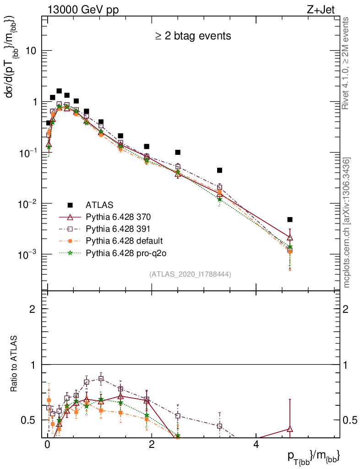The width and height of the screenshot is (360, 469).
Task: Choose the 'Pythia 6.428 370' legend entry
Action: (x=118, y=216)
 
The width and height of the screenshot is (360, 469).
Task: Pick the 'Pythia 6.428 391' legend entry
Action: (x=118, y=229)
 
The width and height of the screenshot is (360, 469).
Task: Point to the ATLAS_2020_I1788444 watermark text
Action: (x=190, y=274)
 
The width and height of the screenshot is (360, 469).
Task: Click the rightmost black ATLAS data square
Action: (x=290, y=219)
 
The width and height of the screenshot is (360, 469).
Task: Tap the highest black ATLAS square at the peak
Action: (x=59, y=91)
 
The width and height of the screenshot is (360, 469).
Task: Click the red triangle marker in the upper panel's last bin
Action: (x=290, y=238)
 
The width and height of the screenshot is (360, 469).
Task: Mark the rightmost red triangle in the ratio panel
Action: (x=290, y=429)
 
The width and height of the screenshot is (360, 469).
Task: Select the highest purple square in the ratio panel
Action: (x=101, y=379)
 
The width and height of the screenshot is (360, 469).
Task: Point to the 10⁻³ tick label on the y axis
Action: (x=28, y=254)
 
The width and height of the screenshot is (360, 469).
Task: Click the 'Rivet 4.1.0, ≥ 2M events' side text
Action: (x=346, y=63)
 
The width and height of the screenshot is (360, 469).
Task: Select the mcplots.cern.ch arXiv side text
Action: (x=347, y=222)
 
